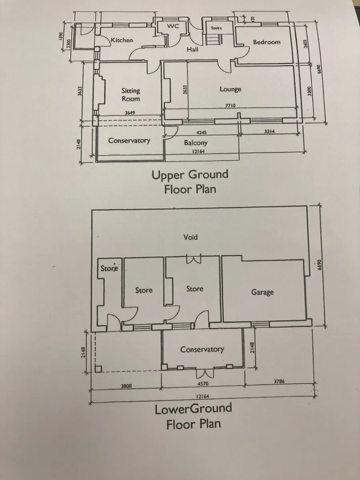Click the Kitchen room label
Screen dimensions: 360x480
click(122, 40)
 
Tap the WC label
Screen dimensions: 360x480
click(173, 26)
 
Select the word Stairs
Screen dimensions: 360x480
click(216, 28)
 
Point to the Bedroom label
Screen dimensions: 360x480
click(267, 42)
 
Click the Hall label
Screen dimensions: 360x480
click(192, 50)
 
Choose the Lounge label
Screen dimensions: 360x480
click(230, 89)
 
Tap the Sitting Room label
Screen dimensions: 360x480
click(131, 95)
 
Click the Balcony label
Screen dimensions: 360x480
click(196, 143)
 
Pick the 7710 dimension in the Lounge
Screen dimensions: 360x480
click(230, 106)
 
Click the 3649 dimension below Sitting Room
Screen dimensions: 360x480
click(130, 113)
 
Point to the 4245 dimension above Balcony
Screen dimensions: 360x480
click(201, 132)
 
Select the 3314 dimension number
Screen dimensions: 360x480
click(269, 132)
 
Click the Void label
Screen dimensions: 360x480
click(190, 237)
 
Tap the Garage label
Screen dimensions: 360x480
click(262, 292)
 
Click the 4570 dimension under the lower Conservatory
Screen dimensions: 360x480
click(203, 384)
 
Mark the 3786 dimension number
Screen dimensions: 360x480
click(279, 382)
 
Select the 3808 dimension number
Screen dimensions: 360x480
click(126, 386)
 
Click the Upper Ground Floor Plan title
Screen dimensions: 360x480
click(190, 182)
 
